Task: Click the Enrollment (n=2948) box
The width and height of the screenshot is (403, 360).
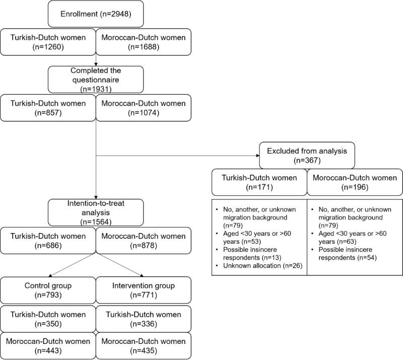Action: [96, 14]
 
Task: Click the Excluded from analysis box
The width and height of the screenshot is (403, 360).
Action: [307, 155]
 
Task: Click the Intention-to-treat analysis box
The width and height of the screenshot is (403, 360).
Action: [96, 213]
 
